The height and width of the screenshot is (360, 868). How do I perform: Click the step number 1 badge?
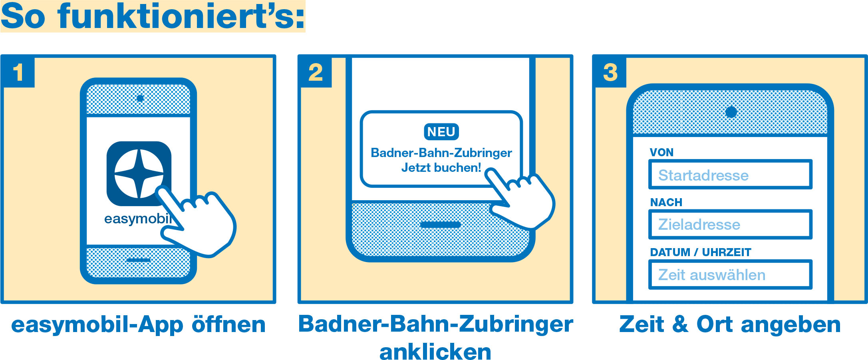point(18,72)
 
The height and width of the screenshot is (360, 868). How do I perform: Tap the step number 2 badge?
point(316,72)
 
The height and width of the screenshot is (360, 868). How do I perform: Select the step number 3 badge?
point(610,72)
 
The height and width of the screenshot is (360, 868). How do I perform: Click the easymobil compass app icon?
point(139,173)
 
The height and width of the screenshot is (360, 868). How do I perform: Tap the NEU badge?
point(441,132)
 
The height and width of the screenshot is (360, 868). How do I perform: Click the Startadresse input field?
point(730,175)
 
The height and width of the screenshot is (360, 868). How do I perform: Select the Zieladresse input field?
point(730,225)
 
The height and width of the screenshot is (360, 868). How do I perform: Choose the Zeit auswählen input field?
point(730,274)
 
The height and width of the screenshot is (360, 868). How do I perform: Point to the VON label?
point(661,152)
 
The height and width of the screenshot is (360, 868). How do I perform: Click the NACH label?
point(666,202)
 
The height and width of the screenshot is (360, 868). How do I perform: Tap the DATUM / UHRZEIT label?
point(700,252)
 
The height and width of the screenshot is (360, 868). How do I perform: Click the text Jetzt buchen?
point(441,167)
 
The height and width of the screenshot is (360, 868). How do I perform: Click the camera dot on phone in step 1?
point(140,98)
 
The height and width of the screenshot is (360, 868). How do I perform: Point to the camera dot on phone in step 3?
point(731,111)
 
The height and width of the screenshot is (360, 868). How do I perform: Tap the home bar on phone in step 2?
point(440,225)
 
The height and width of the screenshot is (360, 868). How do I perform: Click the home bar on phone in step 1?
point(138,260)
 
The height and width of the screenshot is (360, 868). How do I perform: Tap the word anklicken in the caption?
point(435,351)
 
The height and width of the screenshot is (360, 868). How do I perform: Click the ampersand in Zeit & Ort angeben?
point(680,324)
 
